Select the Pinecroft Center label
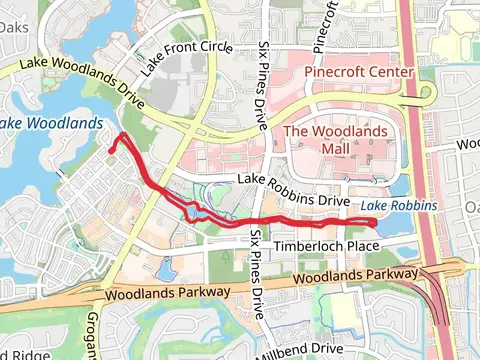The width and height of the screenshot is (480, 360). [x=358, y=73]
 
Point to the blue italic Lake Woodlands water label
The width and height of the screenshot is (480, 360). [x=50, y=123]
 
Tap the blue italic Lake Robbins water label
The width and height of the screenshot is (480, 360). [x=399, y=206]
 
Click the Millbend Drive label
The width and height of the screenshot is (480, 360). [x=300, y=350]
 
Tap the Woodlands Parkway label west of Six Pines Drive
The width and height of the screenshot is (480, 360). [x=165, y=292]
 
